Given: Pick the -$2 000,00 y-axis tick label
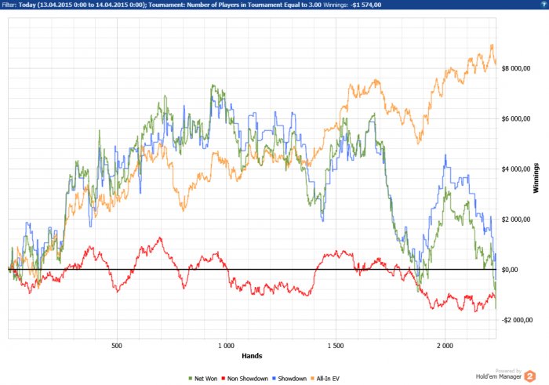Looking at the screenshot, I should click(518, 320).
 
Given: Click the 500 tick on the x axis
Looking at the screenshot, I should click(117, 345).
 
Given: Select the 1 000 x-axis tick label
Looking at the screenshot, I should click(226, 345).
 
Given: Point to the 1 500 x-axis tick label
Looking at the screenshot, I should click(336, 345).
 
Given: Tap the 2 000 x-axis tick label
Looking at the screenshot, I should click(445, 345).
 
